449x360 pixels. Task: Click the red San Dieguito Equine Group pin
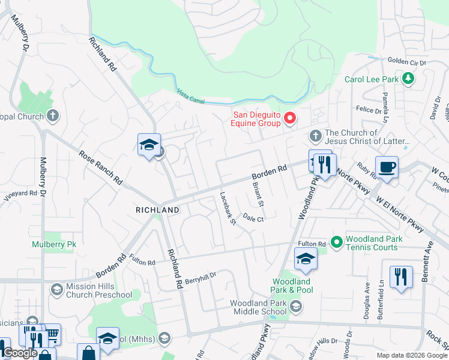click(x=289, y=118)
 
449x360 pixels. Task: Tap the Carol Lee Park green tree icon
click(x=408, y=79)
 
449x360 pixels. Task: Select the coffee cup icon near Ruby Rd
click(x=387, y=167)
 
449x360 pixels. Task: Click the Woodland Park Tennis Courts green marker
click(x=336, y=242)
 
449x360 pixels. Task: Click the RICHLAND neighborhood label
click(x=157, y=210)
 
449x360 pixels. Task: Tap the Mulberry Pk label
click(x=53, y=245)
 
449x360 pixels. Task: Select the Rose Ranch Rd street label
click(x=101, y=167)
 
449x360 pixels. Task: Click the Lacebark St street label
click(x=228, y=208)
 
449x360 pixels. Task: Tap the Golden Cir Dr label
click(x=406, y=62)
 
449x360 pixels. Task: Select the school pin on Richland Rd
click(x=149, y=145)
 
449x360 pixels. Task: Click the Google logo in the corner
click(x=20, y=353)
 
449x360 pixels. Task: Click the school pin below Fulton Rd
click(x=306, y=259)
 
